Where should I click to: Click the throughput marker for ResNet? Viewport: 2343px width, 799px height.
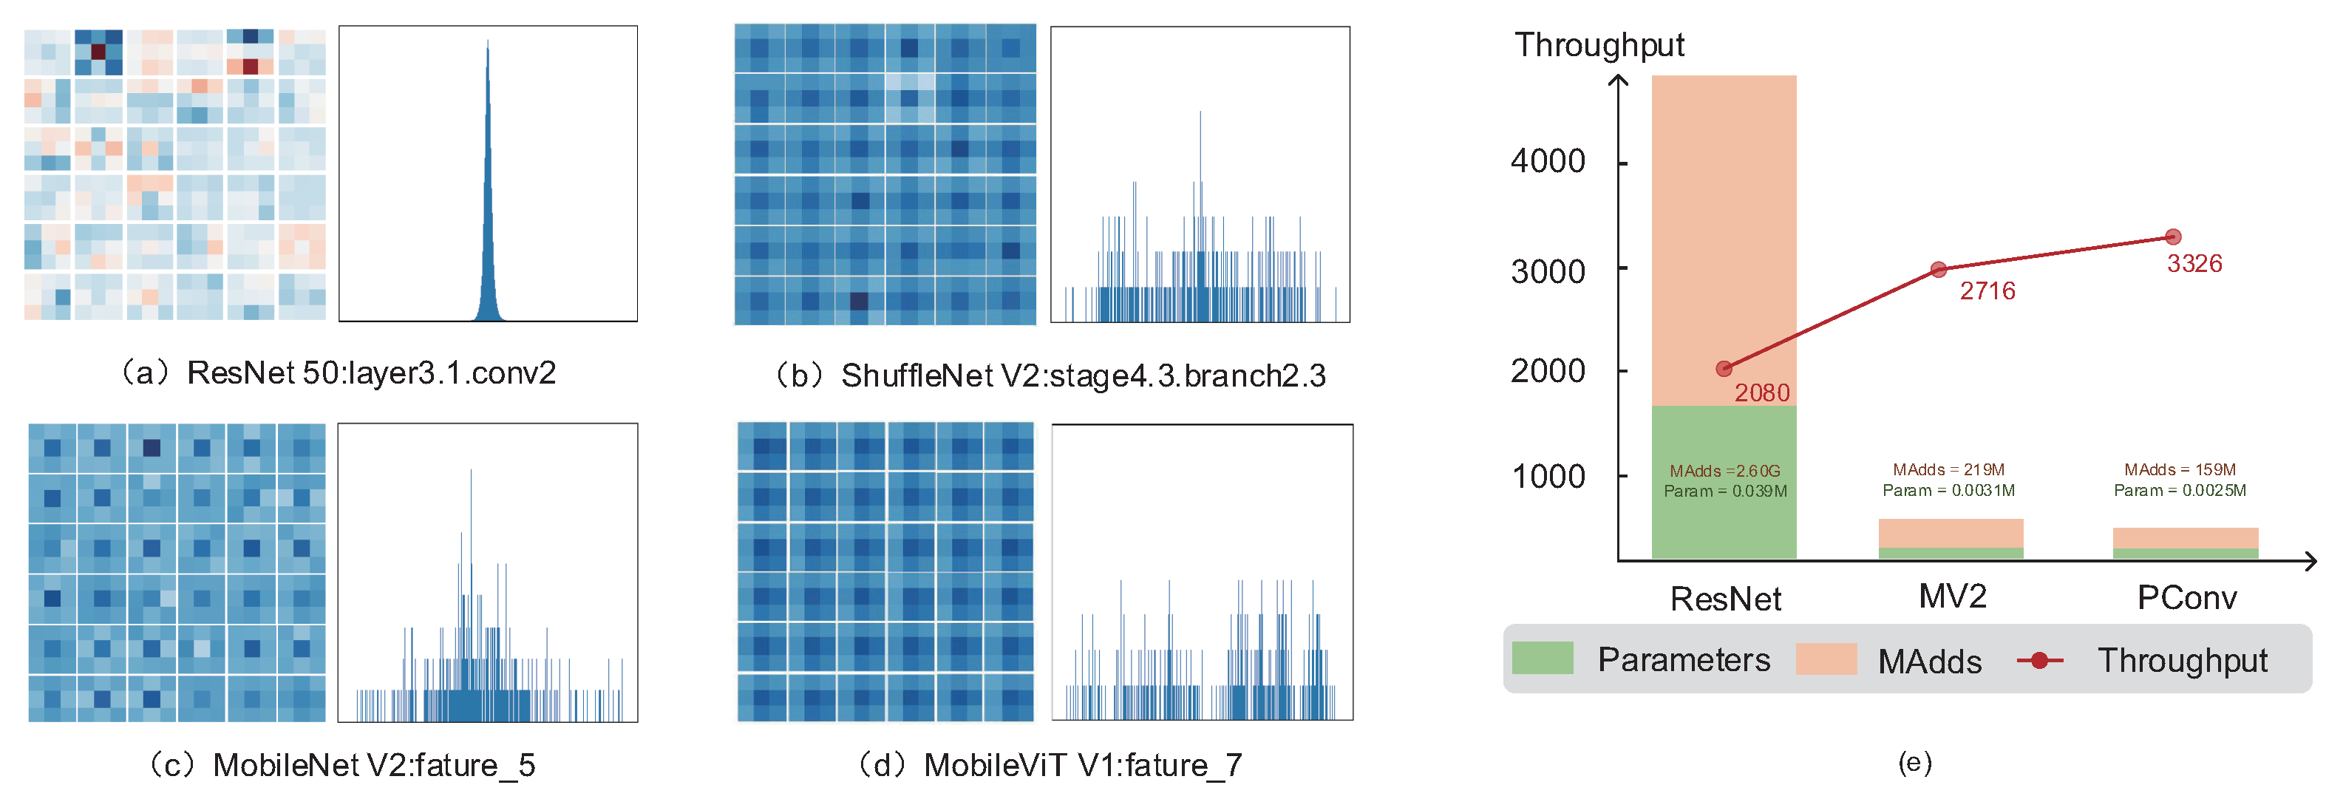pyautogui.click(x=1724, y=369)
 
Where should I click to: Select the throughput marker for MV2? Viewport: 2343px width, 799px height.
pyautogui.click(x=1938, y=269)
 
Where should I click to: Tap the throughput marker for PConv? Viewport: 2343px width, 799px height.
pyautogui.click(x=2173, y=237)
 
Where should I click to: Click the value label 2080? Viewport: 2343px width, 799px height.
pyautogui.click(x=1762, y=392)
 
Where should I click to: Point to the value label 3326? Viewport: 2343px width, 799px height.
pyautogui.click(x=2194, y=264)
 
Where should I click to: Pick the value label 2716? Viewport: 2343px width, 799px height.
pyautogui.click(x=1987, y=291)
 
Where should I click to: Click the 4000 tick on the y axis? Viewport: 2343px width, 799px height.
pyautogui.click(x=1547, y=161)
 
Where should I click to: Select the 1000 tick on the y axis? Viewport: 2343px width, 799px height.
pyautogui.click(x=1547, y=476)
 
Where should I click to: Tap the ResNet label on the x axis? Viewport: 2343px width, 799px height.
pyautogui.click(x=1725, y=599)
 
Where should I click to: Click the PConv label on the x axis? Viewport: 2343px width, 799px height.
pyautogui.click(x=2186, y=598)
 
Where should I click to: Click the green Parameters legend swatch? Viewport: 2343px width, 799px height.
pyautogui.click(x=1542, y=658)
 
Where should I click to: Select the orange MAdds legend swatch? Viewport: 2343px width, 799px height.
pyautogui.click(x=1826, y=659)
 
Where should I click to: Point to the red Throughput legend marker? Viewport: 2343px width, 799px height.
pyautogui.click(x=2039, y=660)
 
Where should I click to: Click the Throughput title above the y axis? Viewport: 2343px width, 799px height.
pyautogui.click(x=1599, y=44)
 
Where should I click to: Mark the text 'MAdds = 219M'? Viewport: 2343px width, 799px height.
pyautogui.click(x=1948, y=469)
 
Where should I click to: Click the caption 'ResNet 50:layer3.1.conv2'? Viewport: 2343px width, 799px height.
pyautogui.click(x=371, y=373)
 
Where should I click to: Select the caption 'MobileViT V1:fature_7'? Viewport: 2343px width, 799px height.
pyautogui.click(x=1082, y=765)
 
